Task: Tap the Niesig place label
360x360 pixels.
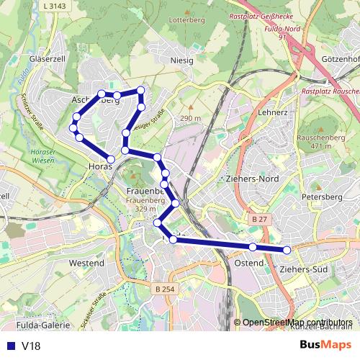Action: click(x=181, y=60)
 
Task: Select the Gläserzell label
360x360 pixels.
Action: click(x=48, y=58)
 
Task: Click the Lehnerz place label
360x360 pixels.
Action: click(x=273, y=113)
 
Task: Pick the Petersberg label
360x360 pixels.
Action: click(x=318, y=195)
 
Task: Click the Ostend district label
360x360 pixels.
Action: click(x=248, y=264)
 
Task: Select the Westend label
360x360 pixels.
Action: click(x=86, y=264)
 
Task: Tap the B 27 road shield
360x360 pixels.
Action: click(x=260, y=217)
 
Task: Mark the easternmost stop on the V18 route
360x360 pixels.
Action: click(x=287, y=250)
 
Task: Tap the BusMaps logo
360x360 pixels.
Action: click(x=325, y=345)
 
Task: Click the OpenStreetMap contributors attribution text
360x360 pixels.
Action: click(x=297, y=322)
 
